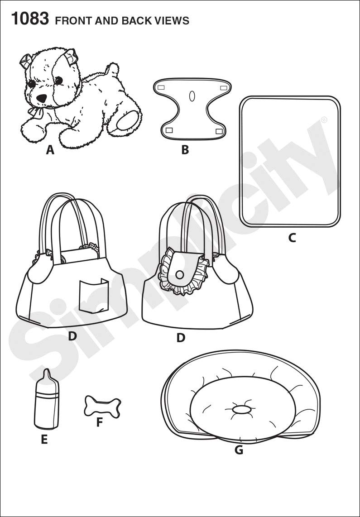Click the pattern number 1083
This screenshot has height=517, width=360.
point(30,19)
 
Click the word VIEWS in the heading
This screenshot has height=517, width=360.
point(173,21)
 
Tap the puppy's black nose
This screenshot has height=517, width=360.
point(41,98)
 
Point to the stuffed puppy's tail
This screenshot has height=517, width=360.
point(113,71)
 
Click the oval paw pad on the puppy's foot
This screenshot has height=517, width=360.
point(128,120)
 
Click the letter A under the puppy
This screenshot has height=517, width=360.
point(50,150)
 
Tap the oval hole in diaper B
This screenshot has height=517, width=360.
point(192,96)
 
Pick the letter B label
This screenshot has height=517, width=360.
point(185,150)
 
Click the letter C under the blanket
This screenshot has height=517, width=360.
point(292,237)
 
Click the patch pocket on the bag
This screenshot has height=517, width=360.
point(93,296)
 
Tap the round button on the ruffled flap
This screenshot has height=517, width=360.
point(180,274)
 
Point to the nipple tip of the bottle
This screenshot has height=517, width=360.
point(47,373)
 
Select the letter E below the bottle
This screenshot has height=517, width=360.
point(44,440)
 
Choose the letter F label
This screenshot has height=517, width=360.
point(99,423)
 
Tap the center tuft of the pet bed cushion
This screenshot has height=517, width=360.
point(242,410)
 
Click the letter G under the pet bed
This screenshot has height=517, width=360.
point(239,450)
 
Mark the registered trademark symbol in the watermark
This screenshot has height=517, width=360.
point(324,119)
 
